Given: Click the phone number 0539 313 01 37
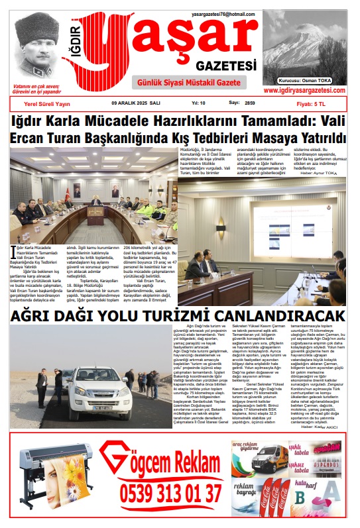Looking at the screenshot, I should pos(170,494).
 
